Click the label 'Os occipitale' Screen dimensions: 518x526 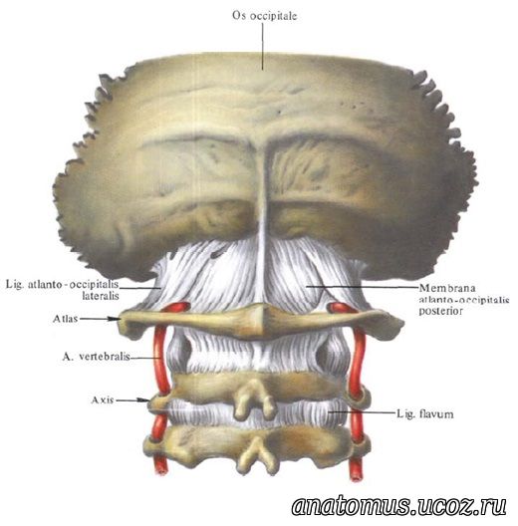265,16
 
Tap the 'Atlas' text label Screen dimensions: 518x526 66,319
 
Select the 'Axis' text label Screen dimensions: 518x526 103,399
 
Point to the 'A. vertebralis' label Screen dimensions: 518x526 96,357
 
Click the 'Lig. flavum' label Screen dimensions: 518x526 424,414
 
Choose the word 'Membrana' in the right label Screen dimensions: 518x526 447,288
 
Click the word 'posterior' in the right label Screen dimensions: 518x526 441,311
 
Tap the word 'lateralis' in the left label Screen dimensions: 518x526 101,296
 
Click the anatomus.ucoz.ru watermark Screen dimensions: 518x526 398,505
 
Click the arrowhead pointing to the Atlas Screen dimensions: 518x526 116,319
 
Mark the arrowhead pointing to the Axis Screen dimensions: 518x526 144,399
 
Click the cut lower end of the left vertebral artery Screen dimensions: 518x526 161,471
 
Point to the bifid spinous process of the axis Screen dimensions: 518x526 254,400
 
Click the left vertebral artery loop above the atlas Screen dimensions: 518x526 176,307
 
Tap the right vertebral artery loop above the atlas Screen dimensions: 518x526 340,307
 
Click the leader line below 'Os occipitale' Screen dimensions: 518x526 262,46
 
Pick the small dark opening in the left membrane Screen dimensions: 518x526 217,255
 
